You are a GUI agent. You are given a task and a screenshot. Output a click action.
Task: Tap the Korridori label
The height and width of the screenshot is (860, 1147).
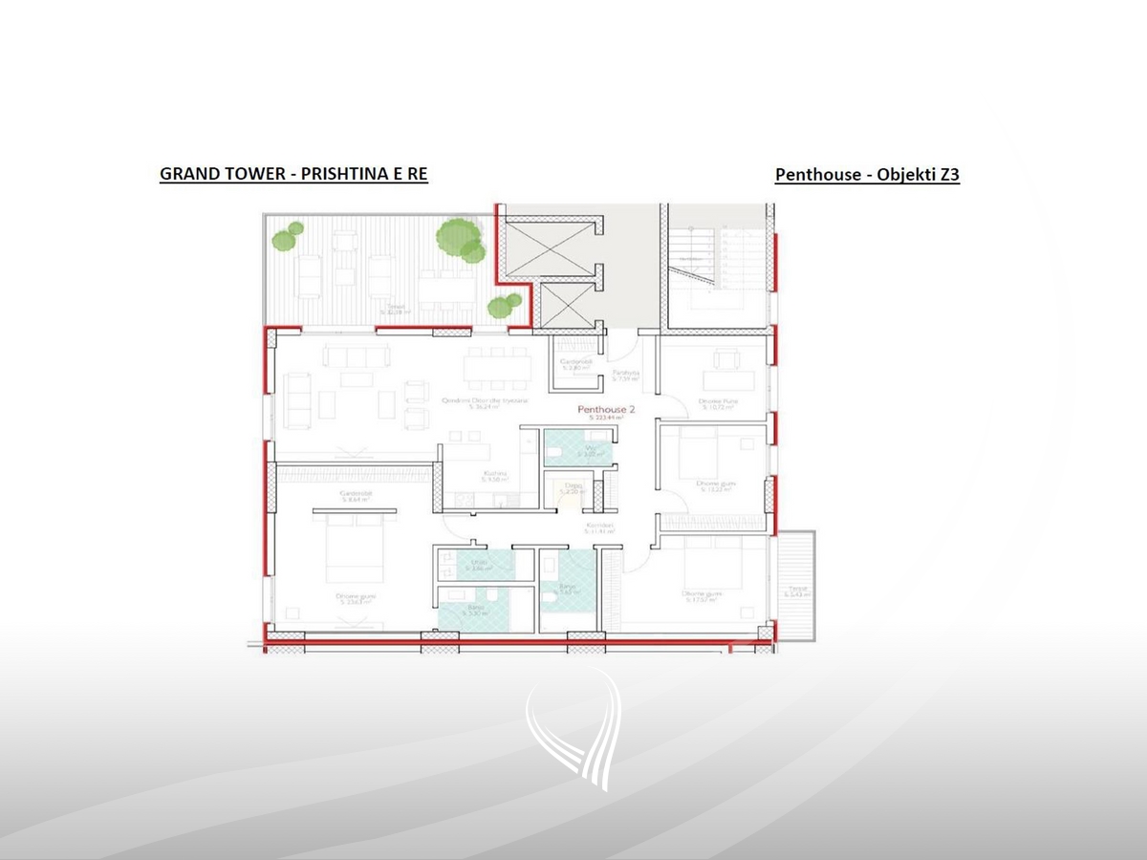pyautogui.click(x=599, y=528)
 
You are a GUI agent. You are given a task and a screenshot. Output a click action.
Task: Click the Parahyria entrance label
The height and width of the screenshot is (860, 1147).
pyautogui.click(x=625, y=375)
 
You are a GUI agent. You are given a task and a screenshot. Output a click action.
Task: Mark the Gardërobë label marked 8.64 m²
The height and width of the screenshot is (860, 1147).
pyautogui.click(x=355, y=496)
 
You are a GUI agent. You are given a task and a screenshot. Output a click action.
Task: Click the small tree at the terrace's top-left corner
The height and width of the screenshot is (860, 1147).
pyautogui.click(x=286, y=236)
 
